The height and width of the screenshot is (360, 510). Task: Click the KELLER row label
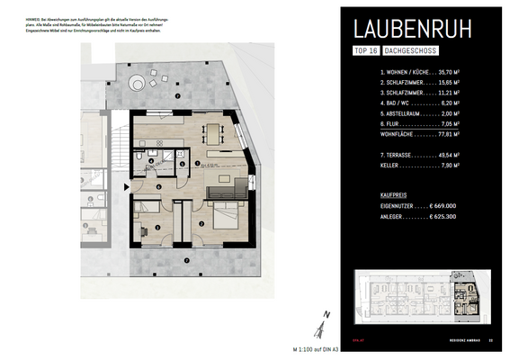390,166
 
